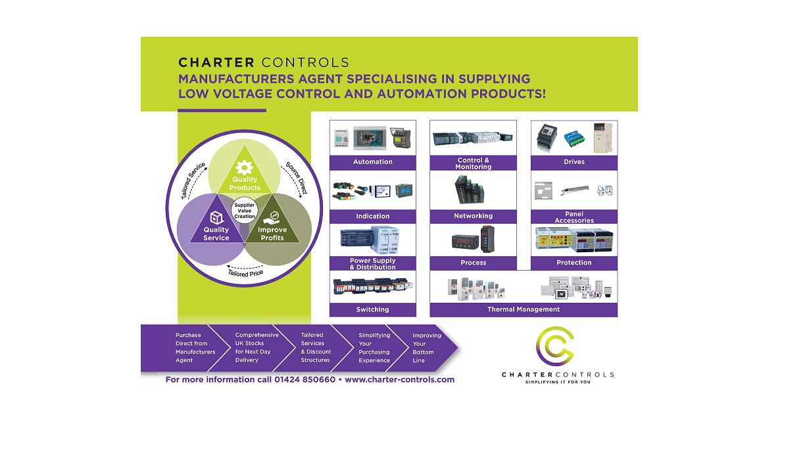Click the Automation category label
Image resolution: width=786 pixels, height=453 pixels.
(372, 162)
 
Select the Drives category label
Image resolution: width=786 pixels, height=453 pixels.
(574, 162)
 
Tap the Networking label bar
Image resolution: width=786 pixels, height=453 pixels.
(473, 216)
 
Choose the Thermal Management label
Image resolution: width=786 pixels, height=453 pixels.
(524, 309)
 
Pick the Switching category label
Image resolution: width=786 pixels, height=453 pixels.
(372, 309)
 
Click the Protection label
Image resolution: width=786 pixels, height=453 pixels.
(574, 263)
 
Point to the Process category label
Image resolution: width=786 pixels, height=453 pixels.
(473, 263)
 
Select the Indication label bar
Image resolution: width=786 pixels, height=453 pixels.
(372, 216)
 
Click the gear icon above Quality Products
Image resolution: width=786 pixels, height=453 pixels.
(245, 167)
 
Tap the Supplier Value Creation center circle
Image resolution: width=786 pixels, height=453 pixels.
(245, 211)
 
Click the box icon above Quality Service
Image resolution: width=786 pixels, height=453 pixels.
(216, 217)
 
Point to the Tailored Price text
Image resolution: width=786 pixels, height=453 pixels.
(247, 272)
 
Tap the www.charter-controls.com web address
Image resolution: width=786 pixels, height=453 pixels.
(399, 380)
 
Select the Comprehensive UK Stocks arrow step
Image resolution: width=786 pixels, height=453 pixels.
(255, 348)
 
